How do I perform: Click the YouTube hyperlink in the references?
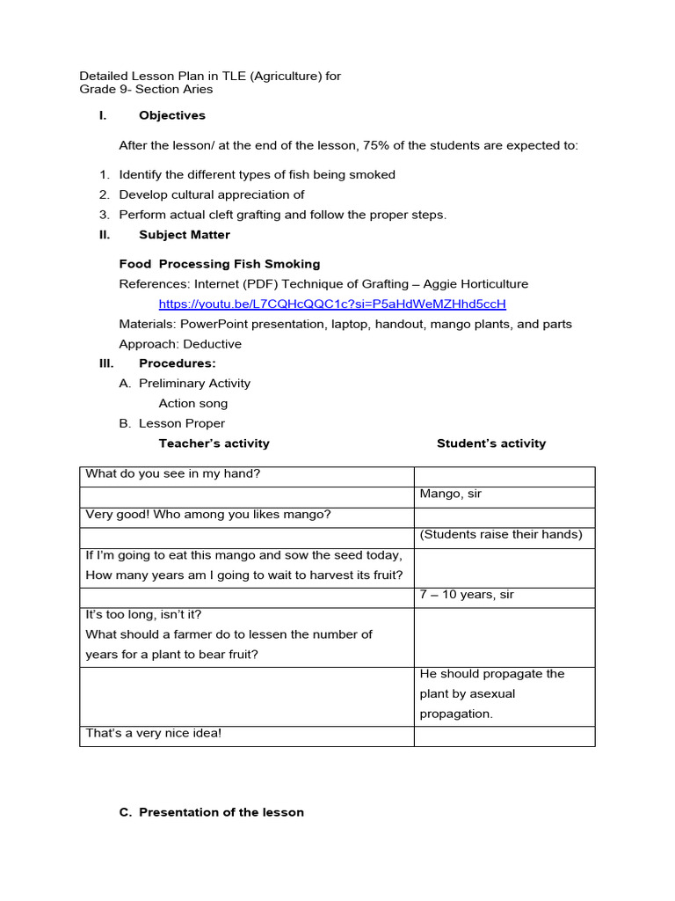click(332, 304)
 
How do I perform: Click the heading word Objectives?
click(172, 115)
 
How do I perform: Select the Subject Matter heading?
click(185, 235)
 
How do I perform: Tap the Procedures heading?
click(177, 363)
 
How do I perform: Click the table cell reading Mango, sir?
click(451, 494)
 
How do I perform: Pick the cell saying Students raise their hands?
click(501, 535)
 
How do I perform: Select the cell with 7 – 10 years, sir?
click(466, 596)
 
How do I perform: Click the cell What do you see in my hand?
click(172, 474)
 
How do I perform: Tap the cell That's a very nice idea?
click(154, 733)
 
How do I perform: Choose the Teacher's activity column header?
click(214, 443)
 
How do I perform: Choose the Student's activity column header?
click(491, 443)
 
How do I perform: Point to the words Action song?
click(192, 404)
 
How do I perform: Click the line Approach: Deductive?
click(180, 344)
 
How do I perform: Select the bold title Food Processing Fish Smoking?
click(220, 264)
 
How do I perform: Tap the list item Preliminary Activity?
click(194, 384)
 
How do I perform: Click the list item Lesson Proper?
click(182, 423)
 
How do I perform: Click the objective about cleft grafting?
click(283, 215)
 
